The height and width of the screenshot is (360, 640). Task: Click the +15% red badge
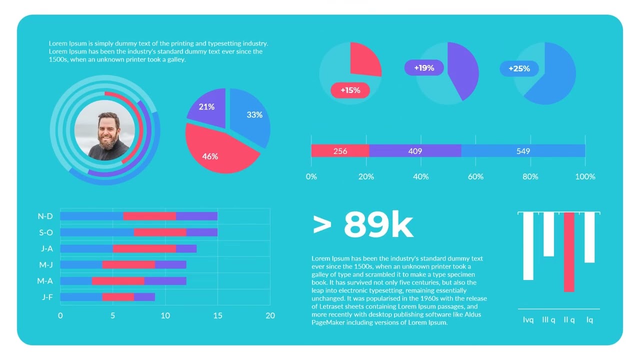click(x=350, y=90)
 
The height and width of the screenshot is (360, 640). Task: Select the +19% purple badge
click(x=424, y=68)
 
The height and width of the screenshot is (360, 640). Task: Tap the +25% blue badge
click(x=519, y=68)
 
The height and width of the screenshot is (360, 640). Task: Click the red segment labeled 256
click(x=340, y=151)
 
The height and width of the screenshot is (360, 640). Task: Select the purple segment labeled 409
click(x=415, y=151)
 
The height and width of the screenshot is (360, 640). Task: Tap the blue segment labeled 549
click(x=523, y=151)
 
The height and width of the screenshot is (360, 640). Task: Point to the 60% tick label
click(x=475, y=176)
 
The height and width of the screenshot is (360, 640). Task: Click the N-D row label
click(x=45, y=216)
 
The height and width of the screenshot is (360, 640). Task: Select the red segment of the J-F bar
click(x=118, y=297)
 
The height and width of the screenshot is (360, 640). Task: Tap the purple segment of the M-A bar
click(x=165, y=281)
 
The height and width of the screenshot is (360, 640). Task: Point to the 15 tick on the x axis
click(x=217, y=315)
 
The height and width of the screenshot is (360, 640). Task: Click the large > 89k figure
click(x=363, y=225)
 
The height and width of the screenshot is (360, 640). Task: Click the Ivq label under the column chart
click(x=528, y=319)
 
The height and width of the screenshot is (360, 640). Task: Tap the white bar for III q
click(x=548, y=234)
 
